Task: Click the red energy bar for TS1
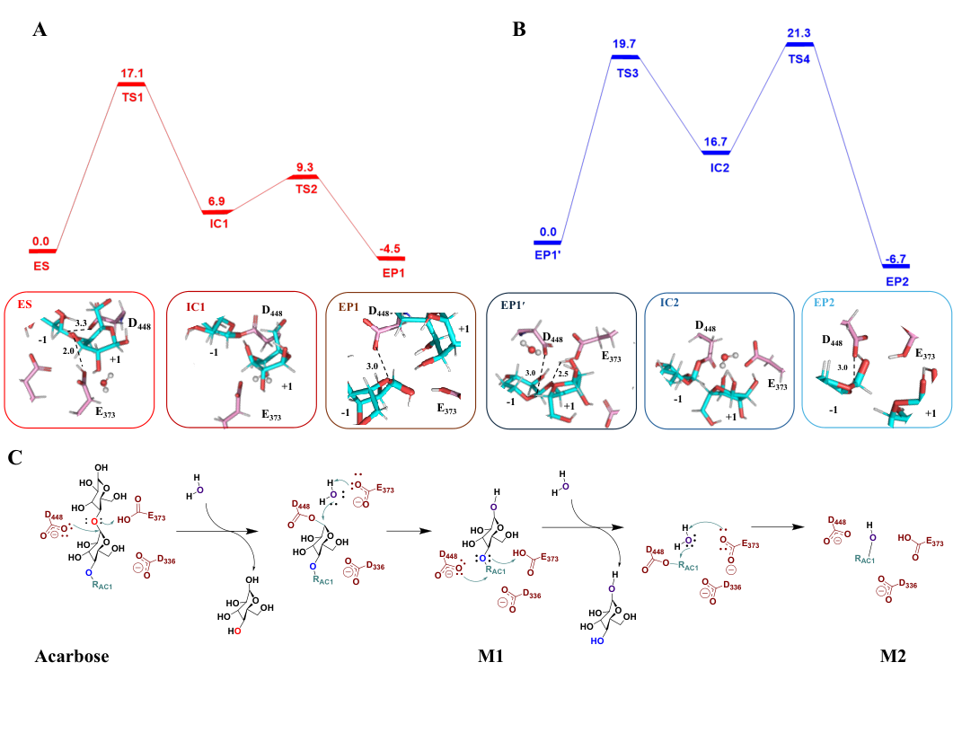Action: click(x=131, y=84)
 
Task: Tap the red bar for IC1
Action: click(x=219, y=212)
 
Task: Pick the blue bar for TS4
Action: click(x=799, y=44)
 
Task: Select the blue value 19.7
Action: click(x=627, y=43)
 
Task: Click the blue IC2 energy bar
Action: click(x=716, y=153)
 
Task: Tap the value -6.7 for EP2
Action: click(x=895, y=259)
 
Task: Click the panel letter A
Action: click(x=39, y=31)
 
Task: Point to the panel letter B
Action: click(x=518, y=30)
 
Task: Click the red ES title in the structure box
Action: click(x=26, y=305)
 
